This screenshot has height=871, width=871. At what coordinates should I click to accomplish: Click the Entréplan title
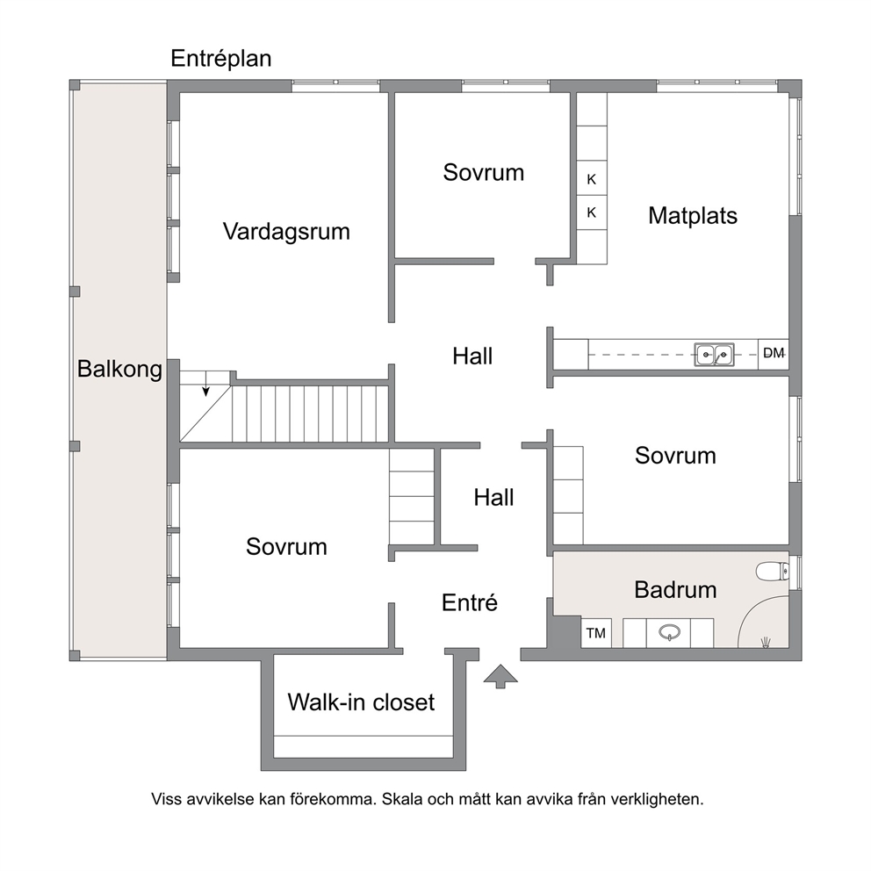click(x=221, y=59)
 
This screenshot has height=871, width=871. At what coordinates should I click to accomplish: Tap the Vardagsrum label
click(x=286, y=232)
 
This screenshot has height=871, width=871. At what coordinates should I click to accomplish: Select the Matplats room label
click(x=693, y=215)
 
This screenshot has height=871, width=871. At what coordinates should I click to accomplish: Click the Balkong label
click(x=119, y=370)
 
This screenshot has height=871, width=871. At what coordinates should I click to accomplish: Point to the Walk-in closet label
click(x=361, y=702)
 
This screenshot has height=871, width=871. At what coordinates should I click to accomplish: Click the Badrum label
click(x=675, y=589)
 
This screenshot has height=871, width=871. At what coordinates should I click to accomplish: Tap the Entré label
click(x=470, y=602)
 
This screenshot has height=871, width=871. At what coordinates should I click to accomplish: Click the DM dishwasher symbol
click(x=774, y=353)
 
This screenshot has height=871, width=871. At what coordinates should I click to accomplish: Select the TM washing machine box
click(x=596, y=633)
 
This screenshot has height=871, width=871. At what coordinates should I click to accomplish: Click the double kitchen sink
click(x=714, y=354)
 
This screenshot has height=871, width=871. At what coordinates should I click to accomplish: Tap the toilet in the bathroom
click(x=773, y=571)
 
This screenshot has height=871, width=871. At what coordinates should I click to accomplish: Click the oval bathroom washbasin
click(x=669, y=632)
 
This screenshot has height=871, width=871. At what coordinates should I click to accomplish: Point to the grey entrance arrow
click(x=500, y=676)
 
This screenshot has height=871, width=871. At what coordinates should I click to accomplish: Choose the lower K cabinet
click(x=592, y=212)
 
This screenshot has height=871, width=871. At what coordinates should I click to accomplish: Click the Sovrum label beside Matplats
click(x=483, y=173)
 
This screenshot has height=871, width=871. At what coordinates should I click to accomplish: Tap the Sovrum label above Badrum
click(x=675, y=456)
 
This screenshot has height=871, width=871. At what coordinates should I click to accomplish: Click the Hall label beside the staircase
click(x=472, y=356)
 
